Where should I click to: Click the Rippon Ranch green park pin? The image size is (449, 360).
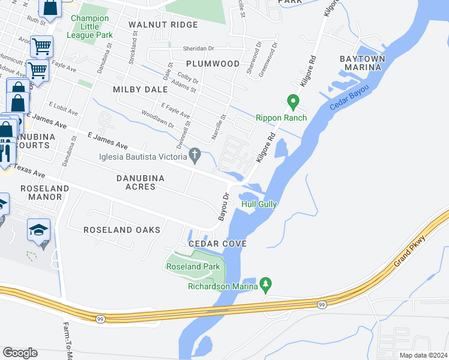point(293,102)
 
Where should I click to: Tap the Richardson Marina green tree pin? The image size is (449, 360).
point(266,283)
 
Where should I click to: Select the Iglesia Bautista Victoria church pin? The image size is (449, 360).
point(194,157)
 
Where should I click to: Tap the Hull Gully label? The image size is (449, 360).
point(259,205)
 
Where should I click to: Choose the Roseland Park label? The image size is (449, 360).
point(193,267)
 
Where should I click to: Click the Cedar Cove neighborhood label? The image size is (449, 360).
point(218,244)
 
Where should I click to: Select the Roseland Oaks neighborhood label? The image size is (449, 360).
point(122,230)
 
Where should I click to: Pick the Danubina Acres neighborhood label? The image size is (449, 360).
point(136,182)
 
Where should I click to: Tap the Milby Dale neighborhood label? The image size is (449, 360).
point(139,89)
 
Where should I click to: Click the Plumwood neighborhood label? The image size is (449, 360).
point(212,64)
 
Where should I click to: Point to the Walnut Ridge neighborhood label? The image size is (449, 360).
point(163,25)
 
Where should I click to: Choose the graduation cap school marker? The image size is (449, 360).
point(38,230)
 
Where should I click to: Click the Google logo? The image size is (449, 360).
point(20,353)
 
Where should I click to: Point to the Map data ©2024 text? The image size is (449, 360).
point(423,355)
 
